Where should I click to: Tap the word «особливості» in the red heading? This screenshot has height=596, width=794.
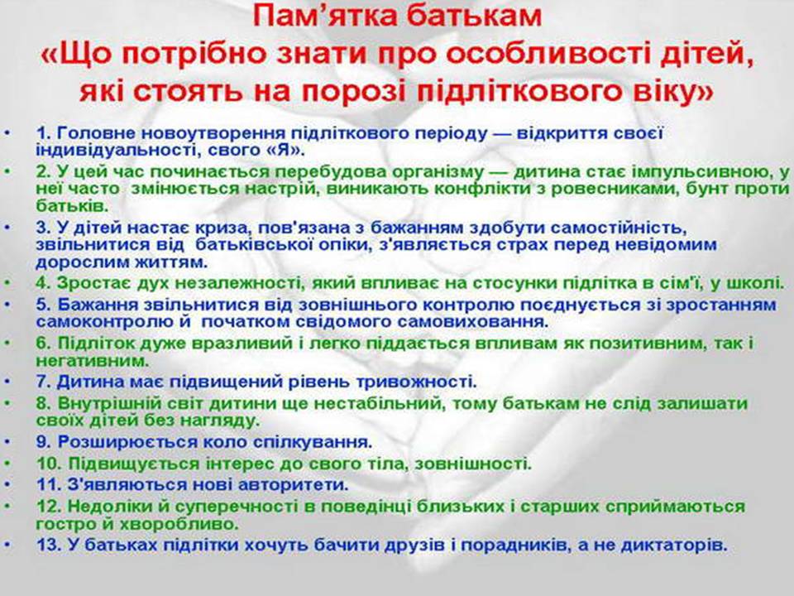[x=541, y=55]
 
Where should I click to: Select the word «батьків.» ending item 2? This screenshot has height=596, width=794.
[x=71, y=206]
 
